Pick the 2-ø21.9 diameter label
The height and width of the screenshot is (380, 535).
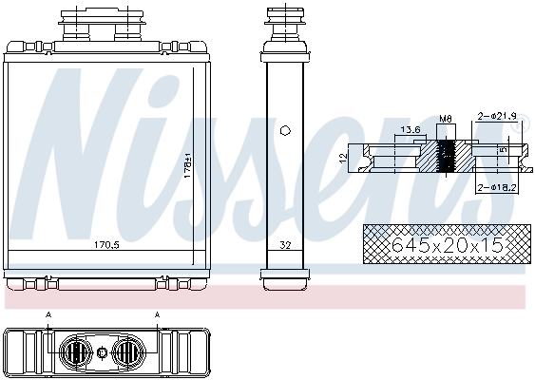point(497,116)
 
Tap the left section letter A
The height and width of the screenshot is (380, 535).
point(48,314)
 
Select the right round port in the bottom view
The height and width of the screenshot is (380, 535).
point(126,352)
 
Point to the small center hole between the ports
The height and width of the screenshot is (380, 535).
point(102,352)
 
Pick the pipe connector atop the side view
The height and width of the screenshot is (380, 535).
point(285,24)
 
